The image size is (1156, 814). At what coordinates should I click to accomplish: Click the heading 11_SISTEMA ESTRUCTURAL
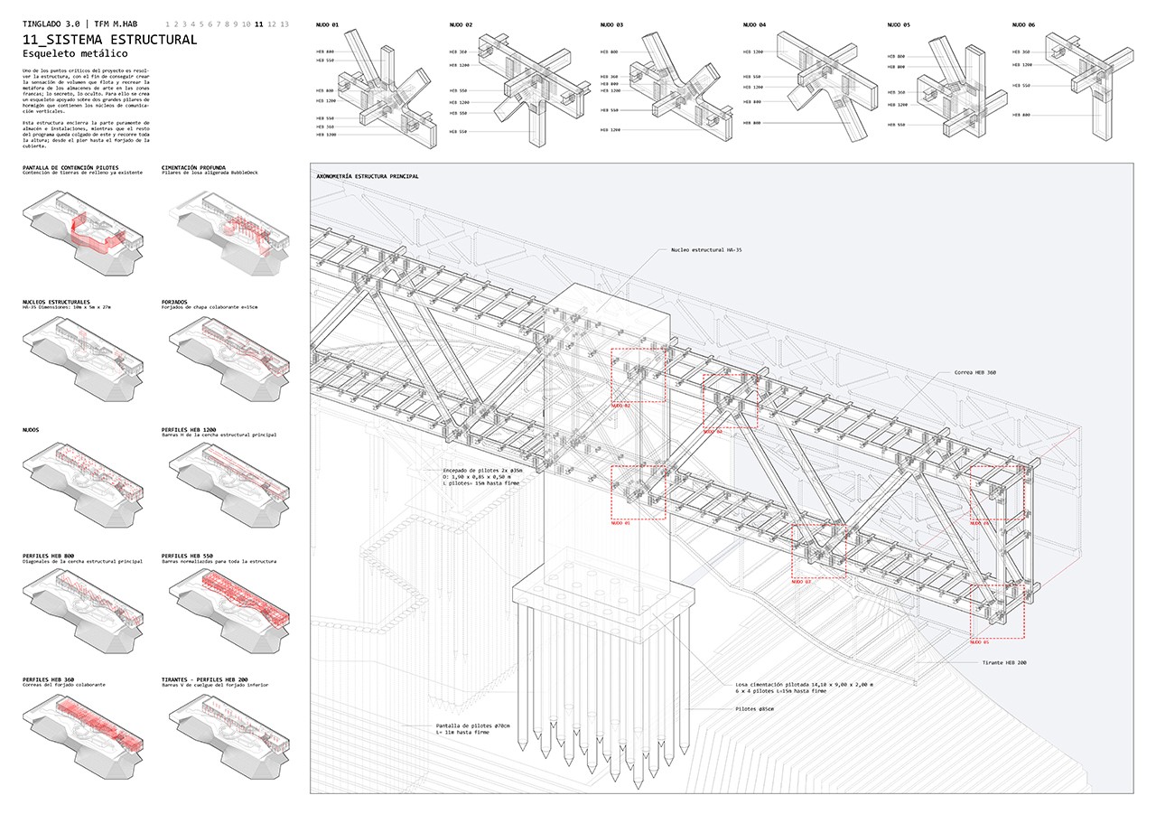109,40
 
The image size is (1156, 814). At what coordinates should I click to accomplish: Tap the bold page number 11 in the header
260,24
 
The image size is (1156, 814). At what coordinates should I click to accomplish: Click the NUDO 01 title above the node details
328,25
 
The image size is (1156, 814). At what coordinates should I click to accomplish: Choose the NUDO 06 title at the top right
1024,25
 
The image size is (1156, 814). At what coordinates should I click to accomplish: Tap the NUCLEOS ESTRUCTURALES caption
57,301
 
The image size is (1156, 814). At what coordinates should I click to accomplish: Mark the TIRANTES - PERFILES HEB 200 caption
214,679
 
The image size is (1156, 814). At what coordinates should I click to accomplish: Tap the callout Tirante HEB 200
1004,663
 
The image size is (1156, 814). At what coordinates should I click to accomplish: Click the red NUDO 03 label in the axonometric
801,583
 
